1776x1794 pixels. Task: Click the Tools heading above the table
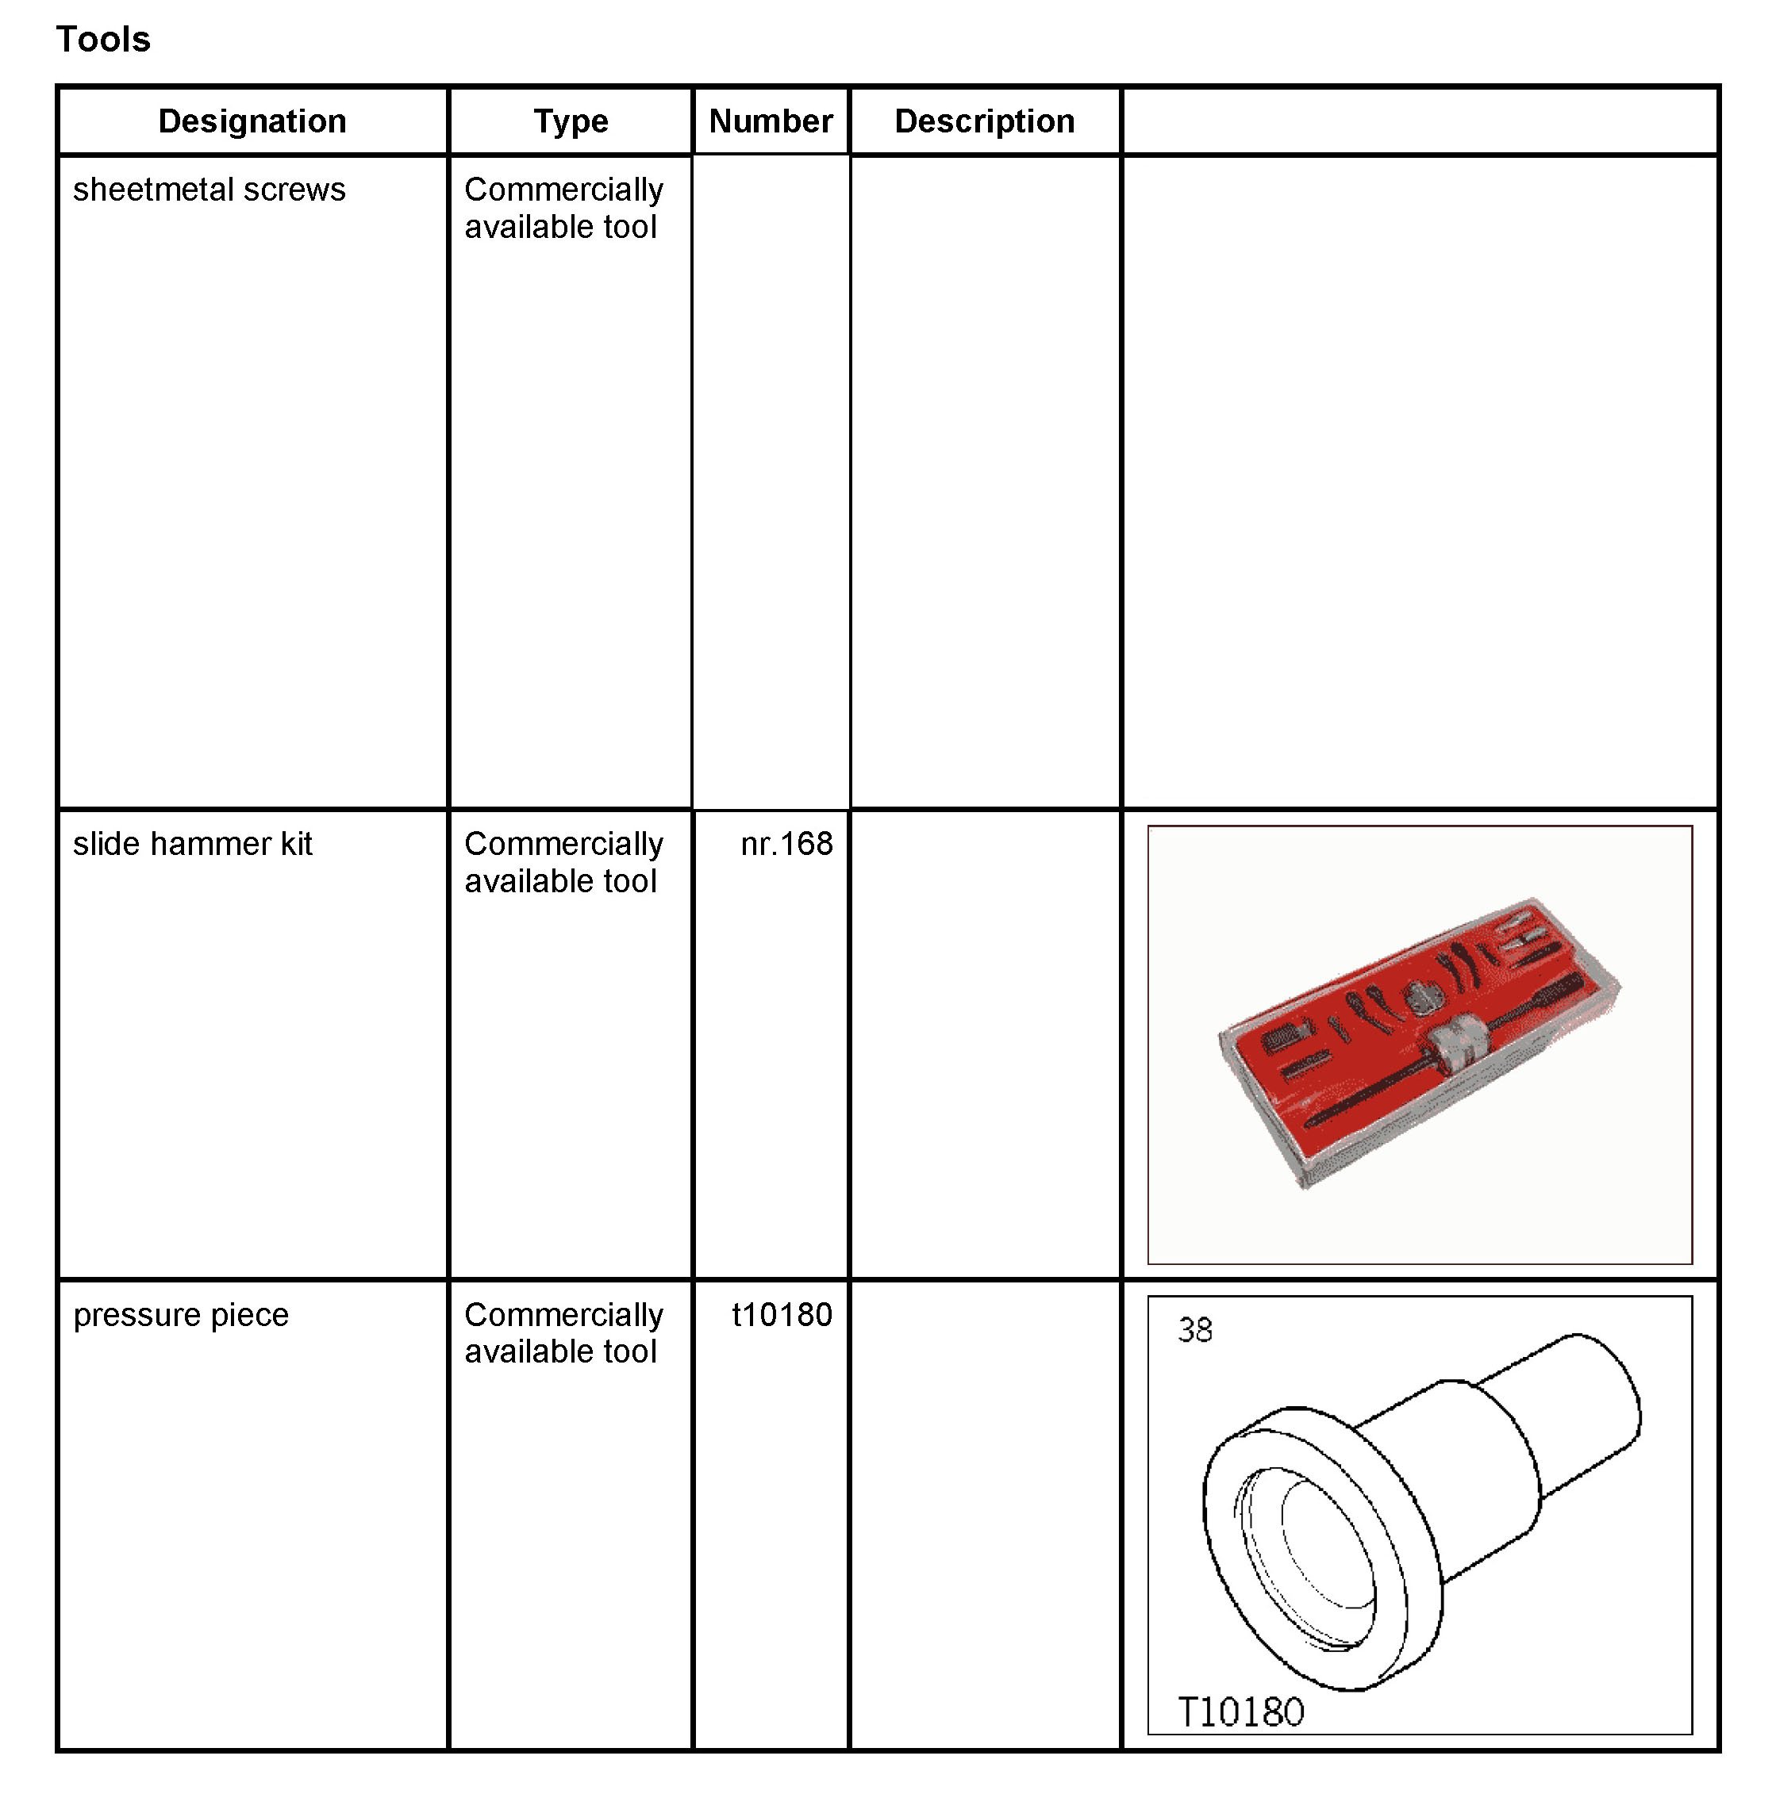[103, 40]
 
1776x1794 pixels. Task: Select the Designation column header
[252, 121]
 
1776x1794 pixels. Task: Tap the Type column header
[571, 121]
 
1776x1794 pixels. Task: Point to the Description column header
[984, 121]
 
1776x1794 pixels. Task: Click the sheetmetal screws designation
[209, 190]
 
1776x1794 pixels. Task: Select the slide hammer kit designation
[192, 844]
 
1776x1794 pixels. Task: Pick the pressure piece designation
[181, 1316]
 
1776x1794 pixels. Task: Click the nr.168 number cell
[786, 844]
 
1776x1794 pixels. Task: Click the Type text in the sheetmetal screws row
[563, 208]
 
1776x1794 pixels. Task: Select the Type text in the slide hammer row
[563, 863]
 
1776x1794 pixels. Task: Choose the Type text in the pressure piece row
[563, 1333]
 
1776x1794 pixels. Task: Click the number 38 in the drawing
[1194, 1331]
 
